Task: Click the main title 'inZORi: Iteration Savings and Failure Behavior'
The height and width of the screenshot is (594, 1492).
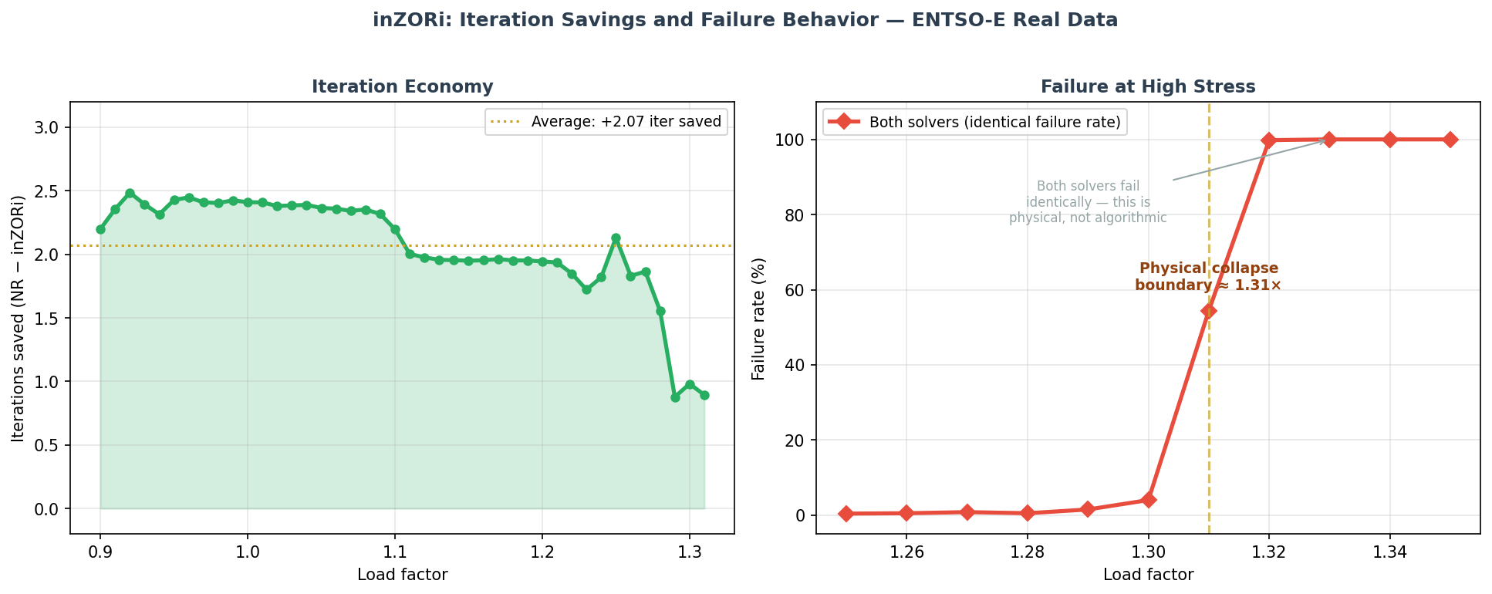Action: (x=745, y=21)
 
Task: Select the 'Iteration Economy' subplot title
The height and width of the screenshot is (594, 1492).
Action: (x=402, y=87)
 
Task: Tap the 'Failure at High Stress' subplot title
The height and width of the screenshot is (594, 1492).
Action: (x=1148, y=87)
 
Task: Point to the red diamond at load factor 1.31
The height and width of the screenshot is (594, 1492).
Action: (x=1209, y=311)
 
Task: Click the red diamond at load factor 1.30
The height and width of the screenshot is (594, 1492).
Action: (x=1149, y=500)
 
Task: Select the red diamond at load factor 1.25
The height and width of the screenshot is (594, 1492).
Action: (x=846, y=514)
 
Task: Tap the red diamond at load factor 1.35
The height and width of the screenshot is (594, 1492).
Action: (x=1450, y=140)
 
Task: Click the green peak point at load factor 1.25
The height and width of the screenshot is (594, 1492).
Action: (x=616, y=238)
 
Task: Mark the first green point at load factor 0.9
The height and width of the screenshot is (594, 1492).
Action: (x=100, y=229)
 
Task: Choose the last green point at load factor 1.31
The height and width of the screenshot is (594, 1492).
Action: (x=704, y=395)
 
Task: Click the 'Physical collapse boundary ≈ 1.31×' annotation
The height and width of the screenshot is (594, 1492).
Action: (x=1209, y=277)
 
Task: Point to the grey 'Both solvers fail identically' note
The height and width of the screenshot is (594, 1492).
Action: (x=1088, y=202)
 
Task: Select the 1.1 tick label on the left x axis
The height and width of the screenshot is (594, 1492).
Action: (x=394, y=552)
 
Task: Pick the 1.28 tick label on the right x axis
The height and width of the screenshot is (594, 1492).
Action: (x=1028, y=552)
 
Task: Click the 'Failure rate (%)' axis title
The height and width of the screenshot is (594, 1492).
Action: (x=759, y=318)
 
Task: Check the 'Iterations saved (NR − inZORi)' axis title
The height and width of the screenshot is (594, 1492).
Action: (x=19, y=318)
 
